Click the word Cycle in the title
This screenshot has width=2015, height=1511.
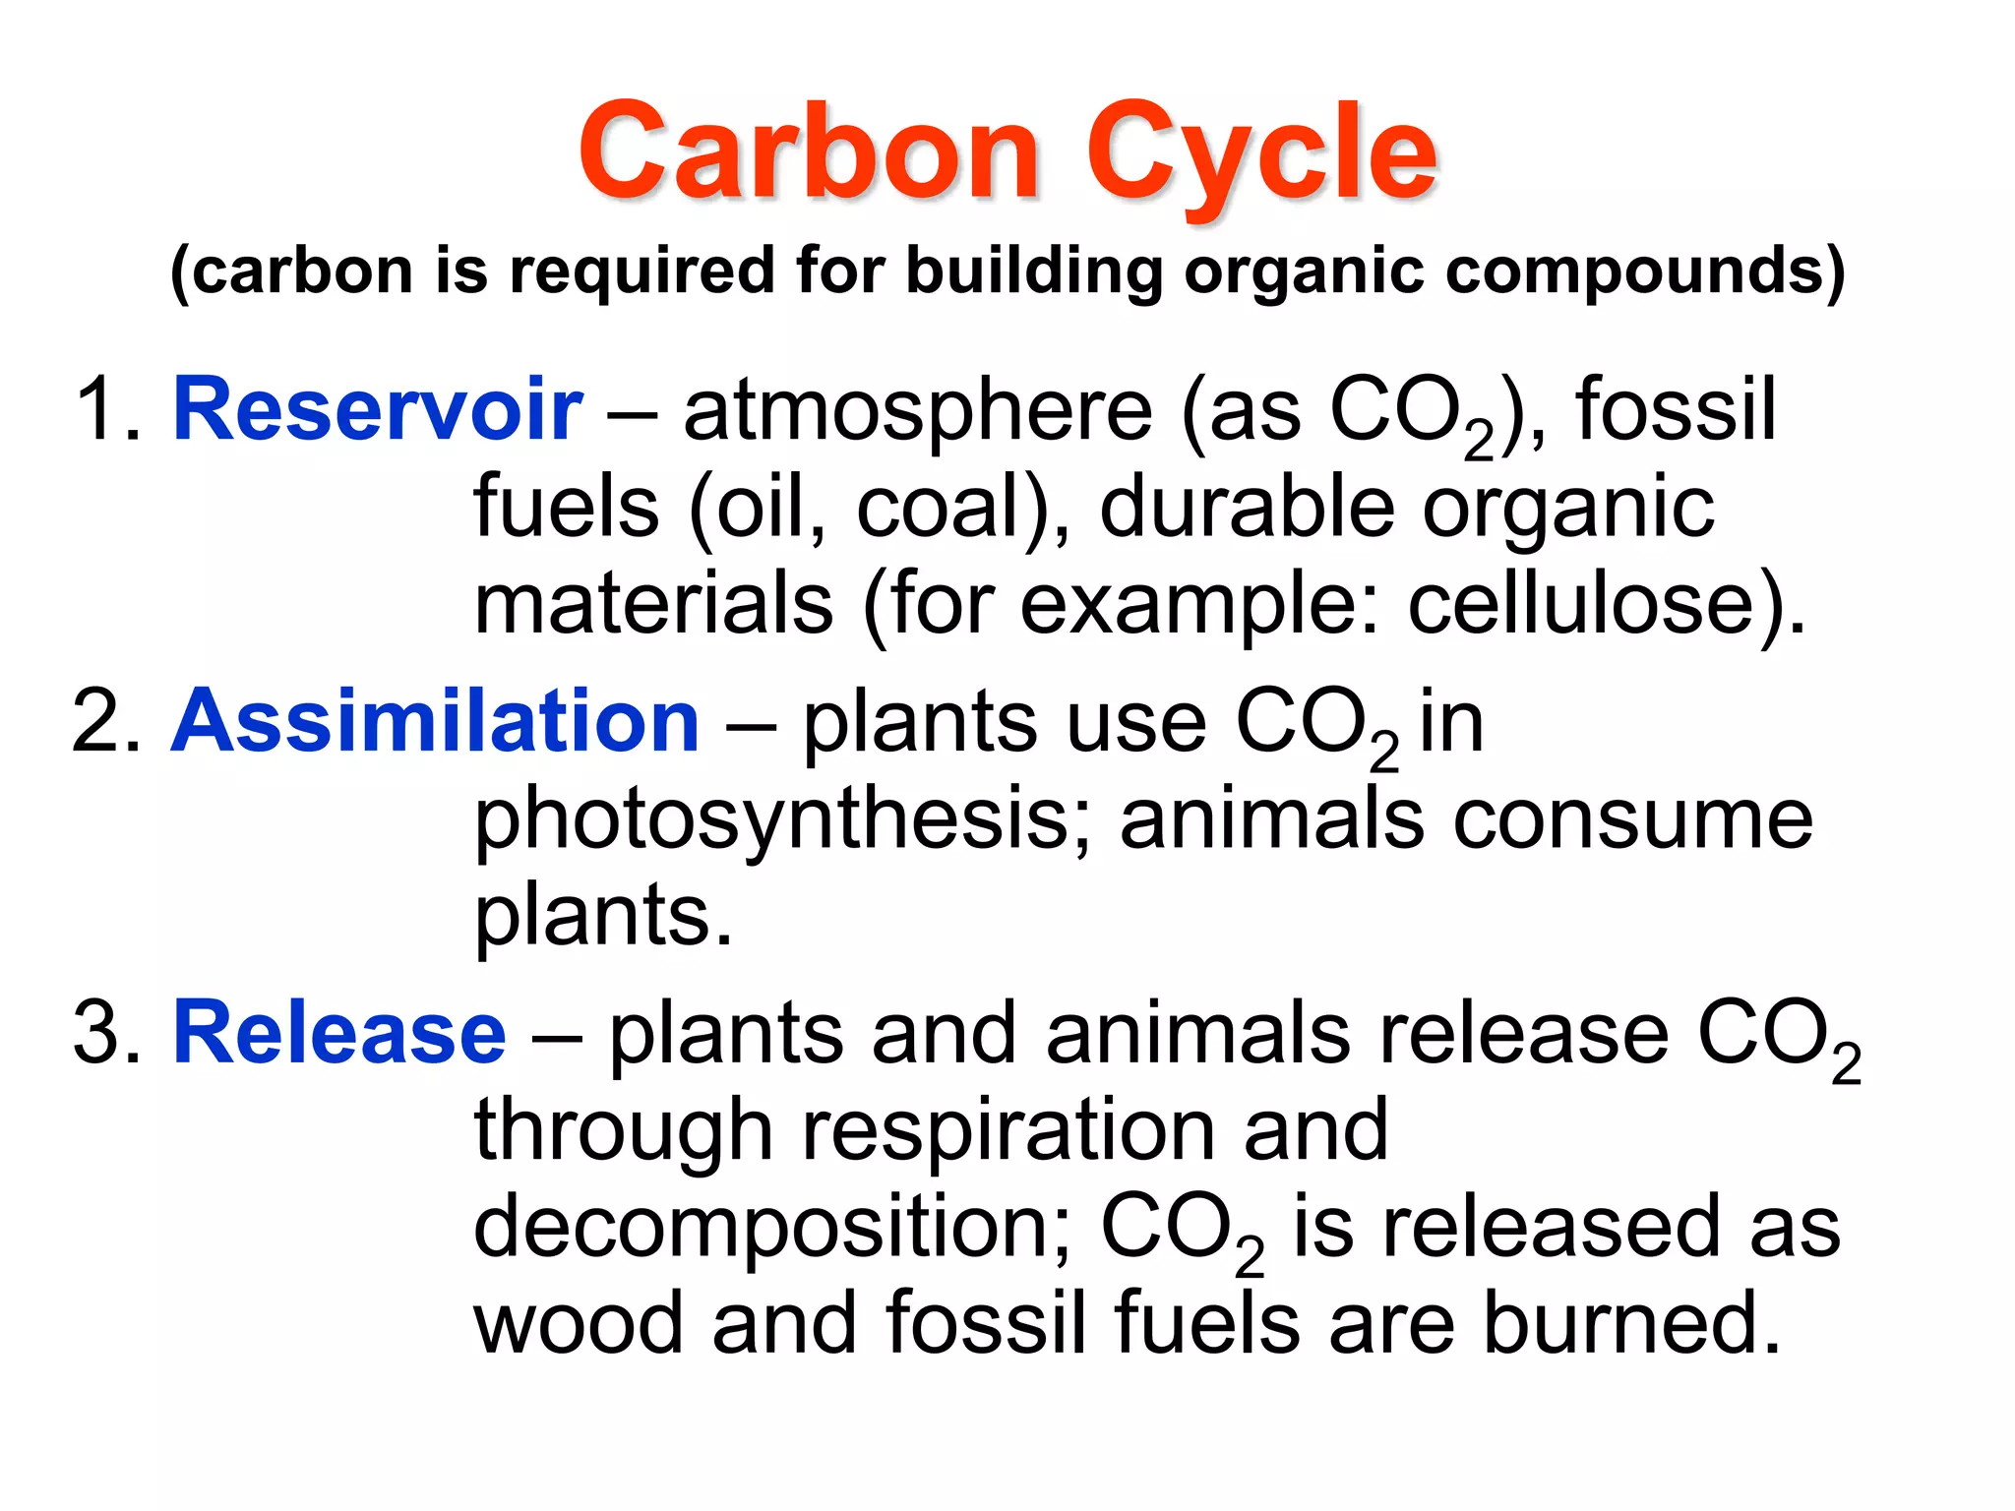click(1260, 155)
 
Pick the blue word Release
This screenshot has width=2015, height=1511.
click(339, 1033)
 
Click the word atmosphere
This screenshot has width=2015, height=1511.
click(917, 411)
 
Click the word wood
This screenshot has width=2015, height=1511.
click(579, 1323)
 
